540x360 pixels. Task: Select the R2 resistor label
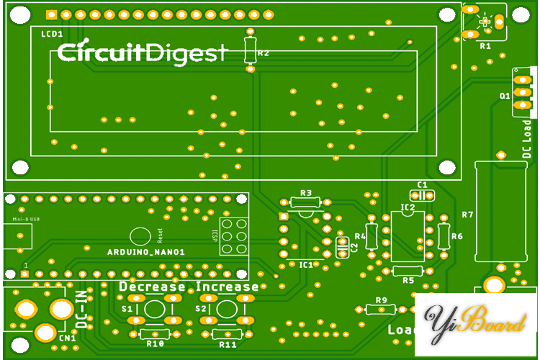pyautogui.click(x=264, y=53)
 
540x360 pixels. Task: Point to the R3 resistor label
pyautogui.click(x=306, y=193)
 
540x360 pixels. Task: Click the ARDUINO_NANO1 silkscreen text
pyautogui.click(x=146, y=252)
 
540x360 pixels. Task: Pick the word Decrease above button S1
pyautogui.click(x=152, y=287)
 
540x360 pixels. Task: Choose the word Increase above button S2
pyautogui.click(x=228, y=287)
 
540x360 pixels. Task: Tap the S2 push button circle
pyautogui.click(x=227, y=310)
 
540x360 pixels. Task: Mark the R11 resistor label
pyautogui.click(x=228, y=344)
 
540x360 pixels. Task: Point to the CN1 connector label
pyautogui.click(x=68, y=338)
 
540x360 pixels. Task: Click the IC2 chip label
pyautogui.click(x=408, y=208)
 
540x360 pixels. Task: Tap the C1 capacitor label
pyautogui.click(x=423, y=185)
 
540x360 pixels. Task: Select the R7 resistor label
pyautogui.click(x=467, y=215)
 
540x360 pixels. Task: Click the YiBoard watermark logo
pyautogui.click(x=475, y=324)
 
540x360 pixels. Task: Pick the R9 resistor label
pyautogui.click(x=382, y=300)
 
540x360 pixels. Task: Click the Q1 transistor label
pyautogui.click(x=505, y=95)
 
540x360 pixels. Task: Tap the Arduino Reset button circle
pyautogui.click(x=140, y=235)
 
